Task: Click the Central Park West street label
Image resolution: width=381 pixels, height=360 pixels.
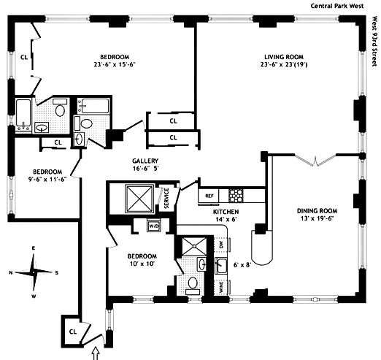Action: point(337,6)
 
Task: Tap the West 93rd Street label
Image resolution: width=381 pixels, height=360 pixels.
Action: point(375,41)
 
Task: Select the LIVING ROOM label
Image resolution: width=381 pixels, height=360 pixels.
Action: point(284,57)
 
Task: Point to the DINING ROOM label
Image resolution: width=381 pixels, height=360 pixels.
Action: point(317,211)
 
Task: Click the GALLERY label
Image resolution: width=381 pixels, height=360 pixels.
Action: point(145,161)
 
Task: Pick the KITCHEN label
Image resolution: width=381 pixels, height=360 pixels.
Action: point(226,212)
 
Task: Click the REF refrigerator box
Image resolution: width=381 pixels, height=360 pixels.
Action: point(209,196)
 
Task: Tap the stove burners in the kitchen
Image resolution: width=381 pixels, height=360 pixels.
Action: point(236,196)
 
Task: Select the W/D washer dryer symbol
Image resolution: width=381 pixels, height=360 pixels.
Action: point(154,226)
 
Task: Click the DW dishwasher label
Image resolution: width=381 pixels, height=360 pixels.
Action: point(221,245)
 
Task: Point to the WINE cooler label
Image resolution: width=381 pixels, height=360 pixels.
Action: point(221,287)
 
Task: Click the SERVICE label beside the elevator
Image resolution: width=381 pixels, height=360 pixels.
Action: point(166,198)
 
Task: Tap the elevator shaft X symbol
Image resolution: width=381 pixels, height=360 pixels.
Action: point(139,199)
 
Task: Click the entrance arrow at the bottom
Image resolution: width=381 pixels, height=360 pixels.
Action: point(96,353)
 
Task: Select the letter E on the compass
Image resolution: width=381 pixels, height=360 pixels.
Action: point(34,248)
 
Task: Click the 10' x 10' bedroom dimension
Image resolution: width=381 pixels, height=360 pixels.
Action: point(142,264)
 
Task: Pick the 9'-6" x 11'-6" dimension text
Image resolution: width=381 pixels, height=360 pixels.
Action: point(47,180)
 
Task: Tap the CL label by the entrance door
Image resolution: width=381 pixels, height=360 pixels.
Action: point(73,332)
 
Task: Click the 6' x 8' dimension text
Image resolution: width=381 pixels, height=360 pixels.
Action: point(242,265)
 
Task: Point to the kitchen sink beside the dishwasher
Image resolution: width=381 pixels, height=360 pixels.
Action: point(221,266)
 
